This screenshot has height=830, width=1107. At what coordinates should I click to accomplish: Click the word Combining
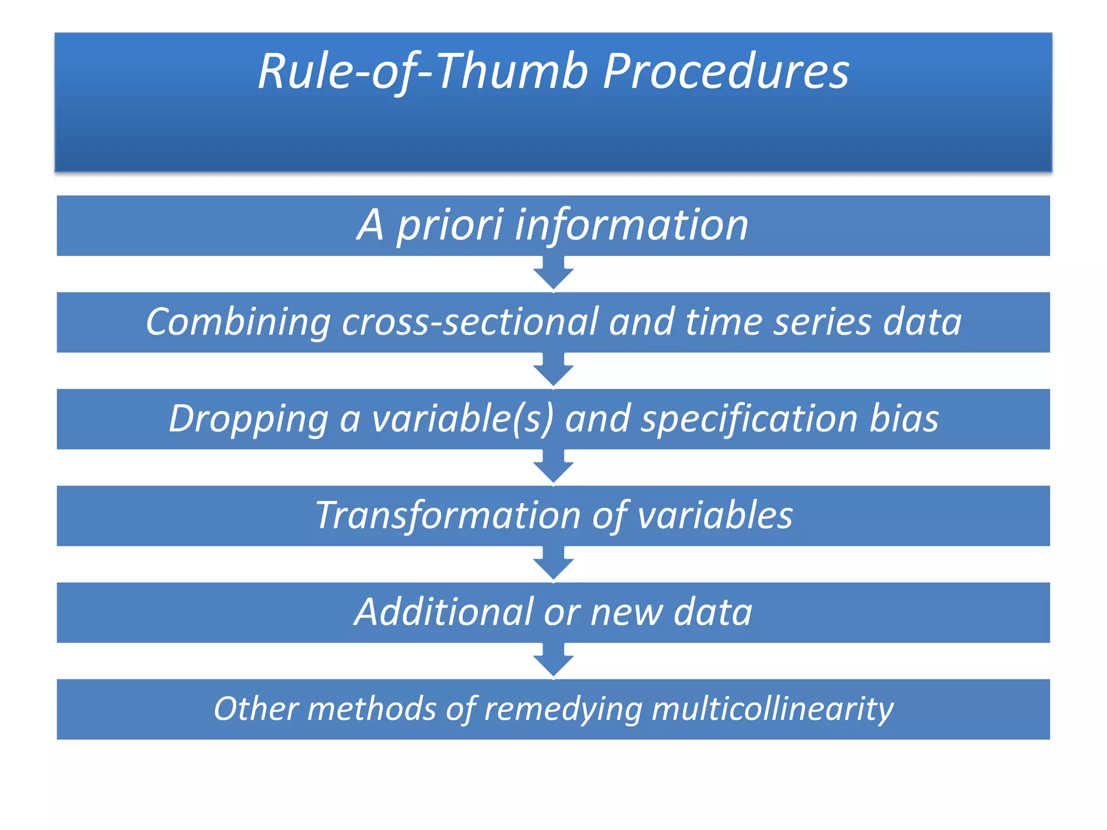coord(238,322)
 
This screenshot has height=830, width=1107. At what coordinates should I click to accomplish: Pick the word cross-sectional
coord(470,322)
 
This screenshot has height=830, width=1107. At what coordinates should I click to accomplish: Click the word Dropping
coord(249,419)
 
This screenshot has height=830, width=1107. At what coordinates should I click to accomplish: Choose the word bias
coord(904,419)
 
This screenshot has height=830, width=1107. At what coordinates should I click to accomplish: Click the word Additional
coord(444,612)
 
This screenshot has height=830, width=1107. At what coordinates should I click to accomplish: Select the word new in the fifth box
coord(626,613)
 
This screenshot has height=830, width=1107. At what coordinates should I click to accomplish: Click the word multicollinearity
coord(772,709)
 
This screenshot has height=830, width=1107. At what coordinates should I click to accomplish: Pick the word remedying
coord(562,710)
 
